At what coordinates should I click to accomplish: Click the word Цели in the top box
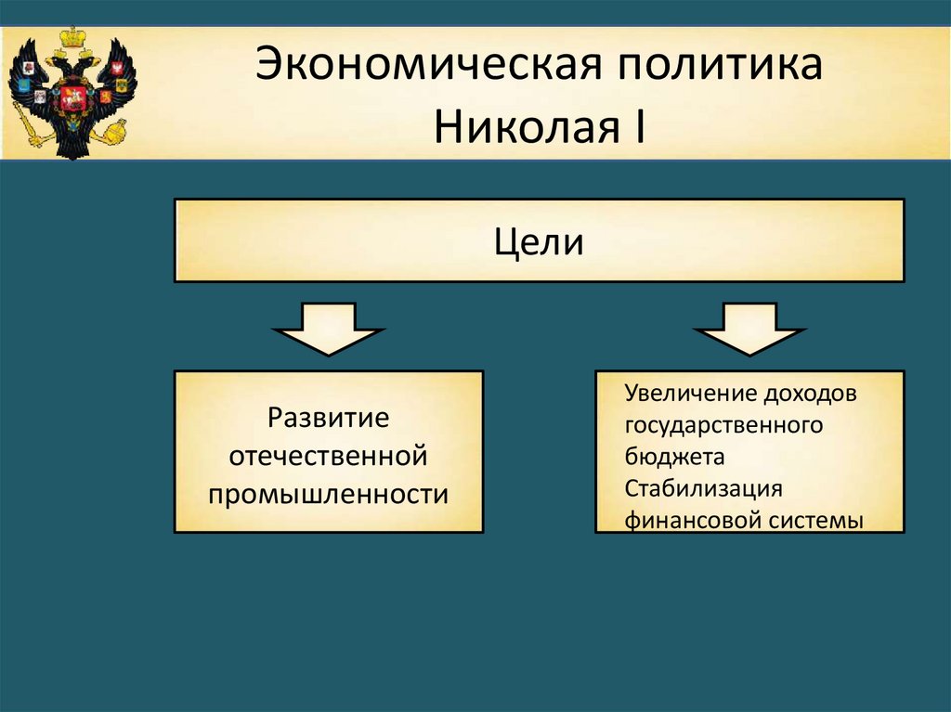point(539,243)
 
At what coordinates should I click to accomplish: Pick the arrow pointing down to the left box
point(328,329)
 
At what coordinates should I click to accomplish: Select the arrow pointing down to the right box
point(749,329)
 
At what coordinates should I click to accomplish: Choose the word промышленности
point(328,494)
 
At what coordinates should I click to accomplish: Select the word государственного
point(723,425)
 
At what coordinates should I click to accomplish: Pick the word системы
point(814,520)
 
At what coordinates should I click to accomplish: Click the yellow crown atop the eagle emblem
point(71,39)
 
